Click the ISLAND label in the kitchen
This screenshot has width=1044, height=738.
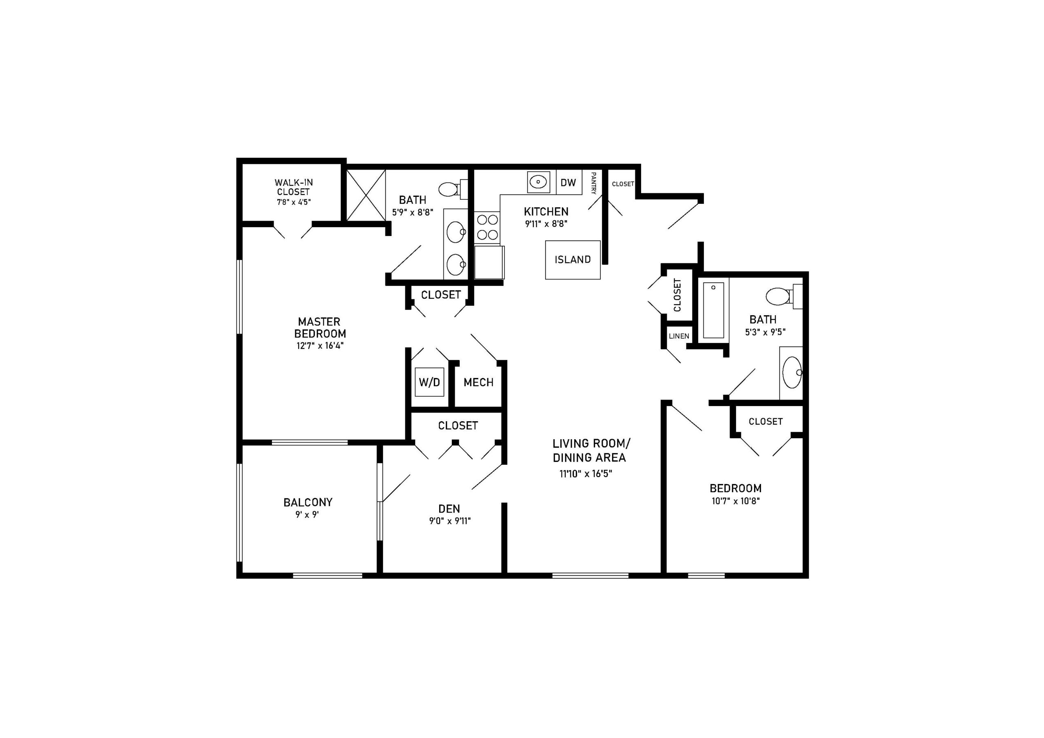click(x=573, y=260)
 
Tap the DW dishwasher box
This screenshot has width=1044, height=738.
click(x=569, y=182)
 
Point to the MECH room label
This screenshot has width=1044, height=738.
click(x=478, y=382)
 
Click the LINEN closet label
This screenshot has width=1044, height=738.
click(x=679, y=336)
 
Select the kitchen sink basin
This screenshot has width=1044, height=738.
click(x=538, y=182)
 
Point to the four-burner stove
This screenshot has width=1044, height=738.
click(x=487, y=228)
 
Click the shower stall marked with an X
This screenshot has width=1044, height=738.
click(x=366, y=196)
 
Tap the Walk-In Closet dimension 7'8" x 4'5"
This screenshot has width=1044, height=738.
click(x=294, y=202)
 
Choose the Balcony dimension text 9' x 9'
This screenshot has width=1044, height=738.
click(x=307, y=515)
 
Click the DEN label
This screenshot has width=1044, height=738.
click(x=449, y=509)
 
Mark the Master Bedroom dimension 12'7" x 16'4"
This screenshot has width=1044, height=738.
click(x=320, y=346)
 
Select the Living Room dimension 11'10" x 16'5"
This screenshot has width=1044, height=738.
click(x=586, y=474)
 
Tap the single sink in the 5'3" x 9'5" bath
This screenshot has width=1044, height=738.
click(x=792, y=372)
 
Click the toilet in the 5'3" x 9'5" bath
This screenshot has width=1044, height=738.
click(x=784, y=296)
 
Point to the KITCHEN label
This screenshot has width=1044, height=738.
click(x=546, y=212)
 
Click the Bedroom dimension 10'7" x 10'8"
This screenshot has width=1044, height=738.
click(x=736, y=502)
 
